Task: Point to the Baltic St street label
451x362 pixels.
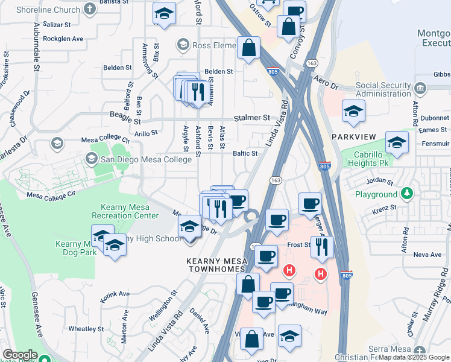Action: point(245,153)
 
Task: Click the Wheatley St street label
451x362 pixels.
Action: point(86,329)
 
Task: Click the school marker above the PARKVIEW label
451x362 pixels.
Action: point(353,110)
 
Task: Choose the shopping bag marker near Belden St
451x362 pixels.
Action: point(248,48)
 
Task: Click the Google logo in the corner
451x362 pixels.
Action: point(20,355)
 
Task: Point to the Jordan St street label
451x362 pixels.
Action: point(379,181)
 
